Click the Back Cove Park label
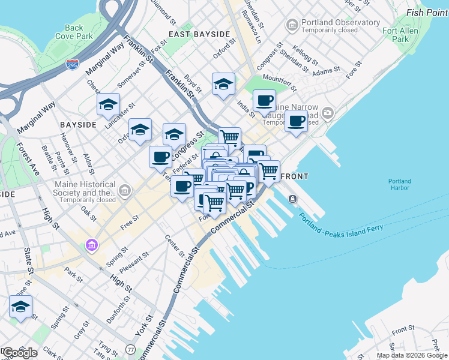(x=74, y=32)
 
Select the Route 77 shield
(x=130, y=349)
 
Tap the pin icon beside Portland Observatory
(x=292, y=25)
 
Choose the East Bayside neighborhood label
(x=199, y=34)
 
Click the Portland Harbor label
(x=399, y=184)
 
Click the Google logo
(x=19, y=353)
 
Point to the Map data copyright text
(x=412, y=355)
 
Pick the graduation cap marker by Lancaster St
(x=108, y=104)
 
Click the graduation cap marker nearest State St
(x=20, y=307)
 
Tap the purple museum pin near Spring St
(x=91, y=245)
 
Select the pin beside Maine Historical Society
(x=125, y=191)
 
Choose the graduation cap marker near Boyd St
(x=223, y=84)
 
